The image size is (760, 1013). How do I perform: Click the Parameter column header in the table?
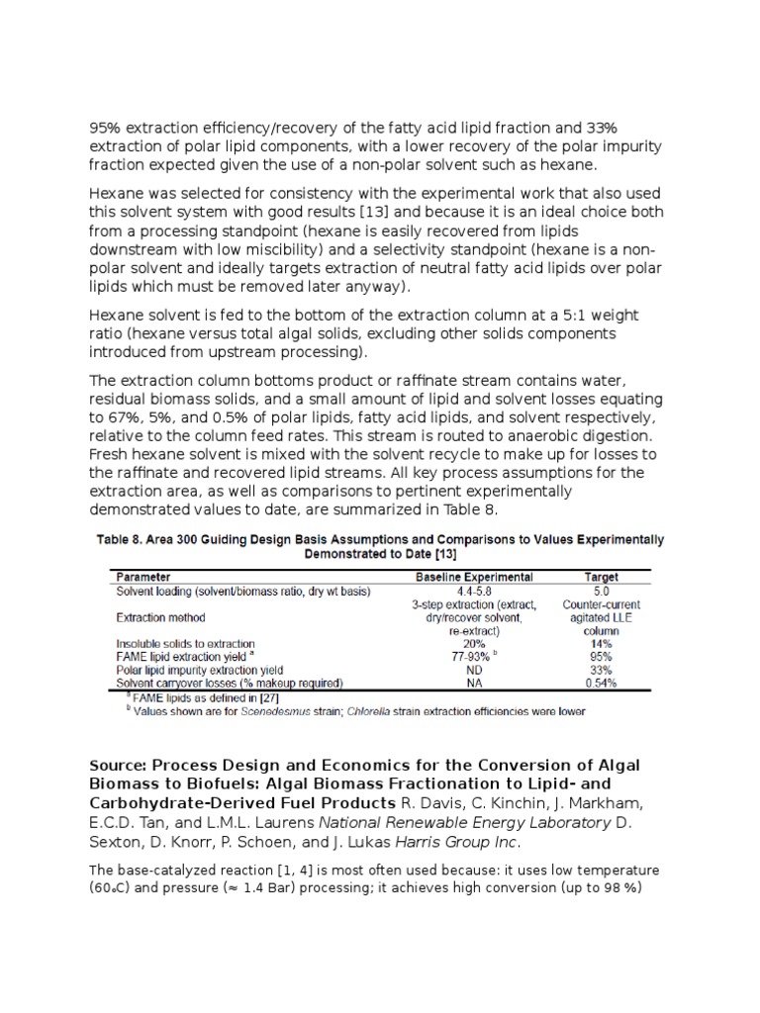point(145,577)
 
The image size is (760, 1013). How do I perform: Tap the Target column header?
point(601,577)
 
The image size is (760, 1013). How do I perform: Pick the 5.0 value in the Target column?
point(601,591)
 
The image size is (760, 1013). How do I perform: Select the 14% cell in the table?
point(601,643)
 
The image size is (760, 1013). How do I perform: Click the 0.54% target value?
point(601,683)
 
